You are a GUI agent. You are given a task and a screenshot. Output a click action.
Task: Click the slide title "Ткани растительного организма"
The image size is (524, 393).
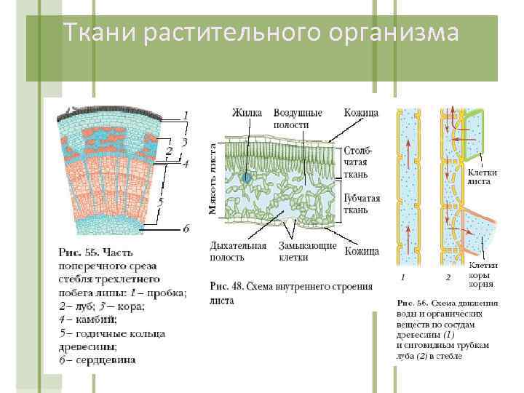[261, 33]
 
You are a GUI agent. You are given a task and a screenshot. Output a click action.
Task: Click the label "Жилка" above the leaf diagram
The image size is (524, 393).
[247, 113]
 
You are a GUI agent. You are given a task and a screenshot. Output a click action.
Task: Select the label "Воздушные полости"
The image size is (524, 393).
[297, 119]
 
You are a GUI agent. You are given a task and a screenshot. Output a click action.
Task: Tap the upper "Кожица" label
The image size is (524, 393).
[362, 113]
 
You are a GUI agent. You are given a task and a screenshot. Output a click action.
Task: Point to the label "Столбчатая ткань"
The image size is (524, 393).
[360, 162]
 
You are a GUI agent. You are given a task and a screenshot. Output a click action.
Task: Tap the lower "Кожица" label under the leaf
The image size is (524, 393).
[362, 251]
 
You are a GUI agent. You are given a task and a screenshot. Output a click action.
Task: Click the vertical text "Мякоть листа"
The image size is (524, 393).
[213, 178]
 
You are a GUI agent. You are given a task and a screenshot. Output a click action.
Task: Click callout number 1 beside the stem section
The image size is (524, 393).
[186, 115]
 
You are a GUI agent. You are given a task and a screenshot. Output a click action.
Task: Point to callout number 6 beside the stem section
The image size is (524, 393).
[186, 228]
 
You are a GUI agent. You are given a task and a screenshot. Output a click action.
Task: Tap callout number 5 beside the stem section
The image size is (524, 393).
[161, 200]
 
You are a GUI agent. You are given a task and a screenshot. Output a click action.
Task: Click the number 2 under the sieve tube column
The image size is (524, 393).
[448, 277]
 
